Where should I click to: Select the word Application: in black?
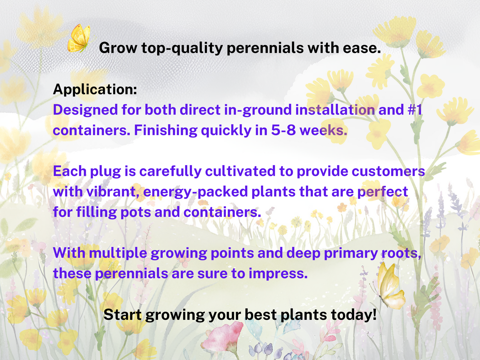tap(95, 89)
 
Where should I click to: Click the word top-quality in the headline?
tap(182, 48)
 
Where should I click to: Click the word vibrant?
tap(113, 192)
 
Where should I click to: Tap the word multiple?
tap(118, 253)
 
